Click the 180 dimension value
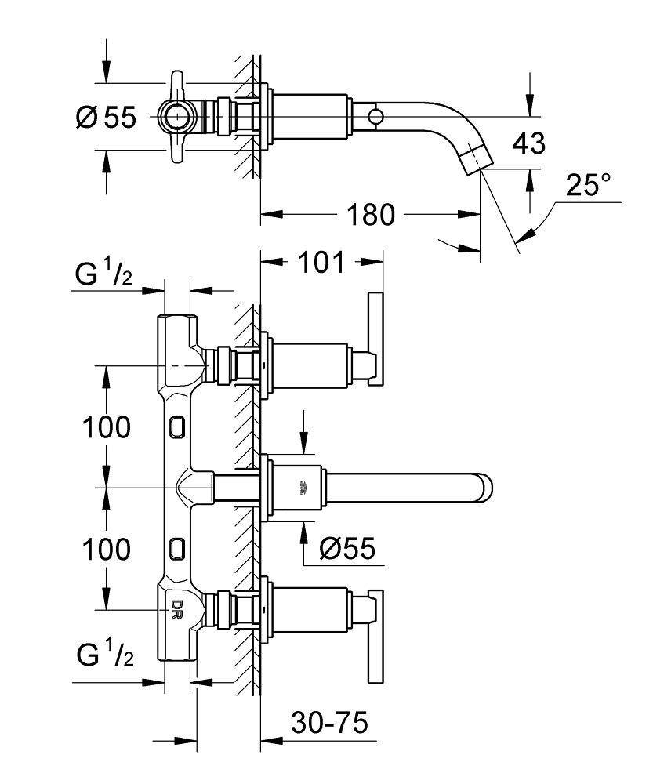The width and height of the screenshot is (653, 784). (372, 214)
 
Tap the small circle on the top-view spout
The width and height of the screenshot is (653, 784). (376, 117)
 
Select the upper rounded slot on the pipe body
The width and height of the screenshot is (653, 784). (177, 426)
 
